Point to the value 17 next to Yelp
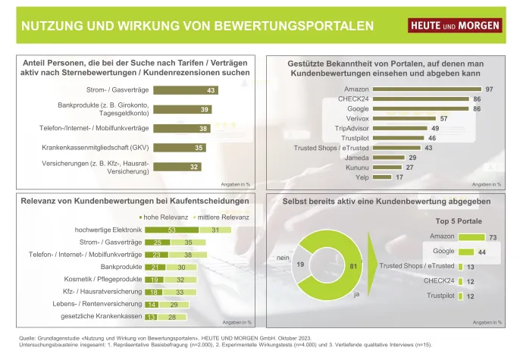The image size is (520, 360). click(x=399, y=177)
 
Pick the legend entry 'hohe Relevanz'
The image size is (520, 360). click(x=141, y=216)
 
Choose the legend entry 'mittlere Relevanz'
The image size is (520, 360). click(x=197, y=216)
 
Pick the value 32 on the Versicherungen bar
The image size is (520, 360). click(x=174, y=167)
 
